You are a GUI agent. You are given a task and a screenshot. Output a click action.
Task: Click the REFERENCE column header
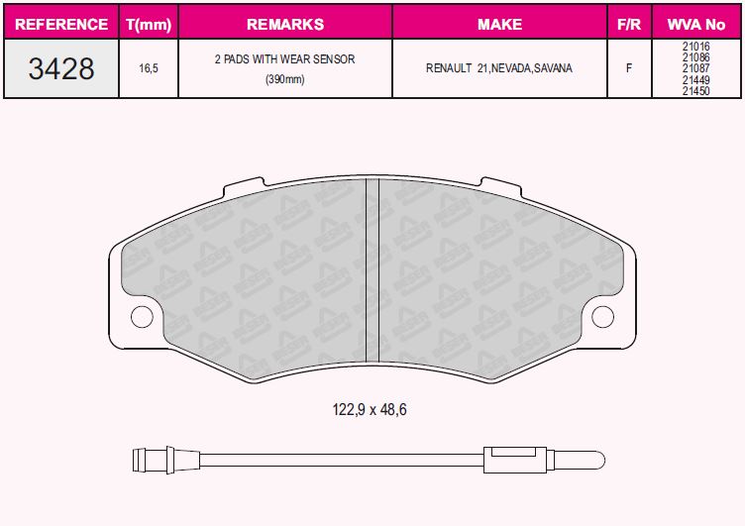(61, 24)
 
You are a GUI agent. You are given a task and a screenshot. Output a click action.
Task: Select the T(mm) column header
(149, 24)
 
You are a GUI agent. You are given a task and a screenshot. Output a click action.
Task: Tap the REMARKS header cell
(285, 24)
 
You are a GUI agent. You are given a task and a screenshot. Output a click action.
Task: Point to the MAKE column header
(500, 24)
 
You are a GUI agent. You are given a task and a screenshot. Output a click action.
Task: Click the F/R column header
(629, 24)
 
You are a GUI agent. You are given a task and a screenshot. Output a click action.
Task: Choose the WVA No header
(696, 24)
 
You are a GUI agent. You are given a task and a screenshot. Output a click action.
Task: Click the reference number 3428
(61, 68)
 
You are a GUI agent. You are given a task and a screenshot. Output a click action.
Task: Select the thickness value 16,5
(149, 68)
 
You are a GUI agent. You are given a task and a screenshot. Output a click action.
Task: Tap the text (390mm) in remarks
(285, 79)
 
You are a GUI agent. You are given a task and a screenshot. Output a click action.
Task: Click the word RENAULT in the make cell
(449, 68)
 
